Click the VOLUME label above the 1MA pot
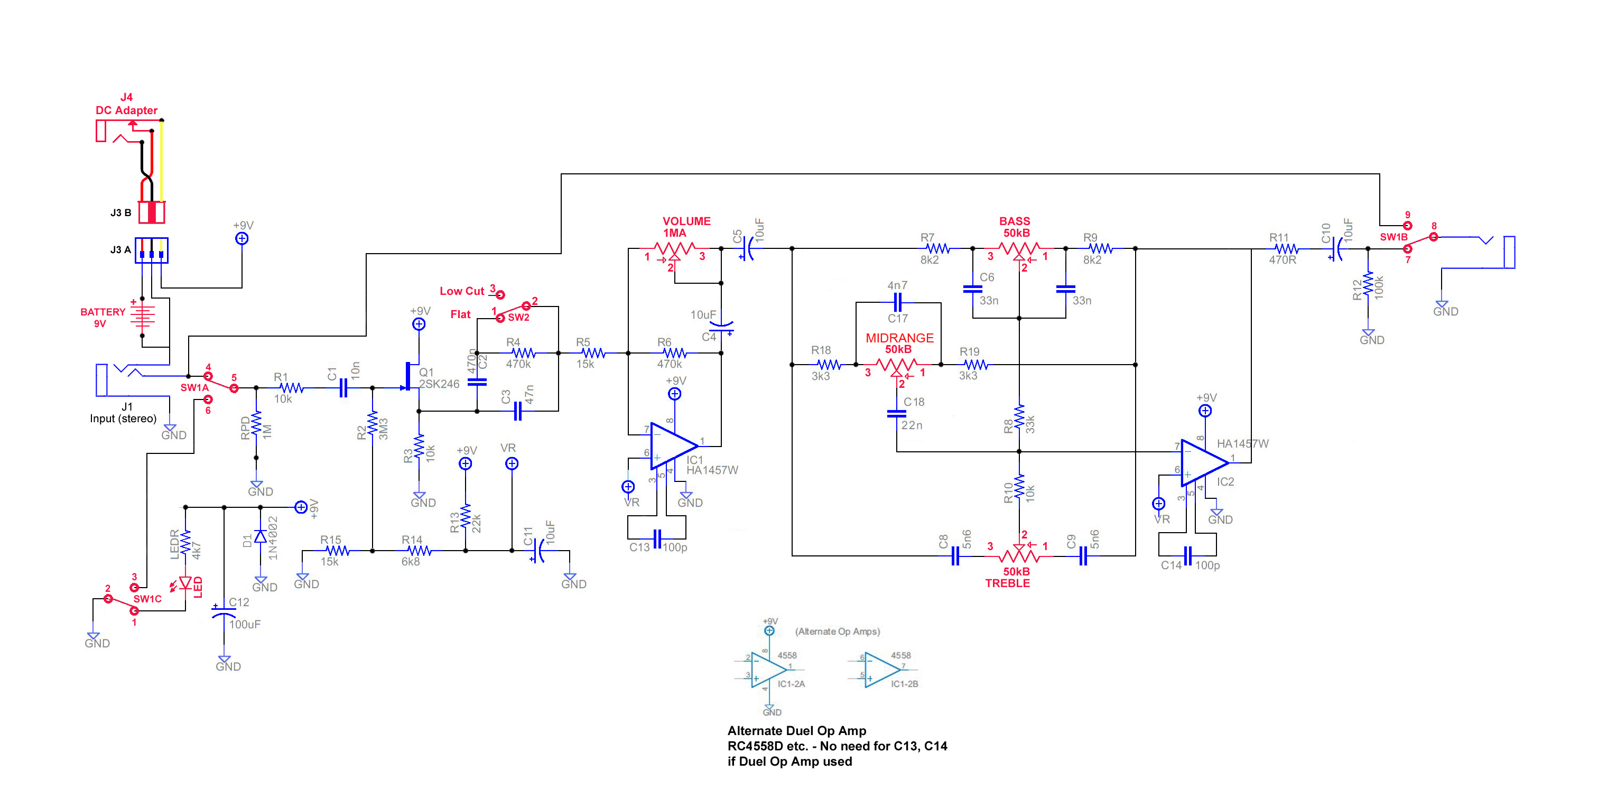[x=686, y=221]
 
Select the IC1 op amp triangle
[x=673, y=446]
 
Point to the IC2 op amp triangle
[x=1203, y=462]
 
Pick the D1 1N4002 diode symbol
[x=261, y=536]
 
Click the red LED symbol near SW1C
[x=185, y=583]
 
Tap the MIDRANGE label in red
[x=899, y=338]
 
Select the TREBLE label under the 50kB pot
[x=1007, y=583]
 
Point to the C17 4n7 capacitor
[x=897, y=303]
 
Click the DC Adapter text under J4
[x=126, y=110]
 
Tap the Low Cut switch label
[x=461, y=291]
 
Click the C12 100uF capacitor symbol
[x=224, y=612]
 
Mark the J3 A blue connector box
[x=151, y=250]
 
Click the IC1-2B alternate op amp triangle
[x=881, y=670]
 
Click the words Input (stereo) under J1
[x=123, y=419]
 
